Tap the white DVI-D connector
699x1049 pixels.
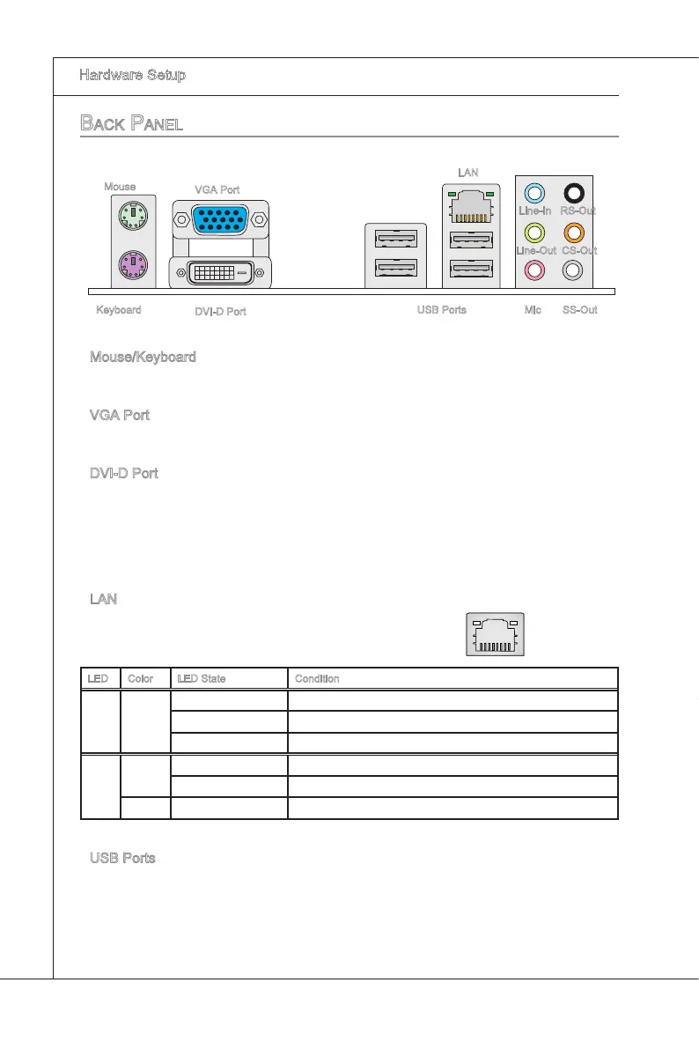221,272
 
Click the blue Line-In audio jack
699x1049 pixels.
534,193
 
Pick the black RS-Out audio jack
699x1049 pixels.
574,193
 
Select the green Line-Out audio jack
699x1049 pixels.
534,233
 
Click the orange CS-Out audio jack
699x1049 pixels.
574,233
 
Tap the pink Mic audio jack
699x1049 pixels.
534,271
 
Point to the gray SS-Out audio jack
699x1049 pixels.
574,271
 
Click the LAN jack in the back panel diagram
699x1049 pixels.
472,208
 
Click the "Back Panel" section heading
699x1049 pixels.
131,123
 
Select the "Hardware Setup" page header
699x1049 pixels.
132,76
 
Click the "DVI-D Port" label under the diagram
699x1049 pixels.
220,312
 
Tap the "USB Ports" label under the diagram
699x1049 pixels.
441,310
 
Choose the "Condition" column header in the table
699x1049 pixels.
317,679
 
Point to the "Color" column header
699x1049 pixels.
141,679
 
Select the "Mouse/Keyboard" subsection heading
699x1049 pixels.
143,358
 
